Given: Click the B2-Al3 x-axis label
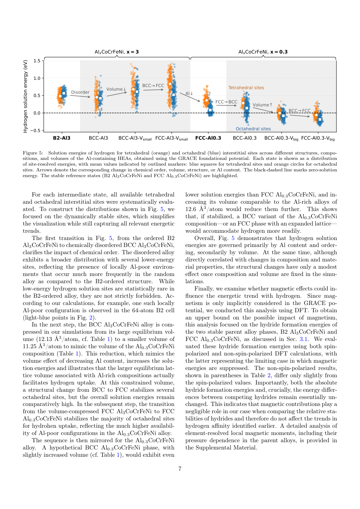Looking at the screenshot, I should coord(62,138).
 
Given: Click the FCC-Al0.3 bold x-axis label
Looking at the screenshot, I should coord(208,138).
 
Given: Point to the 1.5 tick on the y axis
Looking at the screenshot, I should coord(37,61).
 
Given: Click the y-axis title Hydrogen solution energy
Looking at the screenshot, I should coord(25,96).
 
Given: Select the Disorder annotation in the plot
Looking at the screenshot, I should coord(80,92).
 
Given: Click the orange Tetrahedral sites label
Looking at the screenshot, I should coord(246,88).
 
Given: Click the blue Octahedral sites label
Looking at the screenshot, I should coord(253,129).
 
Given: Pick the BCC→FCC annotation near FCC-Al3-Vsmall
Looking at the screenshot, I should coord(153,86).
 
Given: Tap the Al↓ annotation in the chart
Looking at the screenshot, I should coord(189,93).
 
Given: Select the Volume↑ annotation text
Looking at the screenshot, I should coord(262,105).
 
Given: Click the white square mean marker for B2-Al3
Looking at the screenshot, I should coord(64,93).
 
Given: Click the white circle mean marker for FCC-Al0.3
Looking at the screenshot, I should coord(206,100).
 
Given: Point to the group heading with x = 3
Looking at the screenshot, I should coord(117,52).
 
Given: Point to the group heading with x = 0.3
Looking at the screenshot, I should coord(263,52).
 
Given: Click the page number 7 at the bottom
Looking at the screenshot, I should coord(180,469).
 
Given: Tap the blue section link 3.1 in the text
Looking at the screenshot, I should coord(303,339).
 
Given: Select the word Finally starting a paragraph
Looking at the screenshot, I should coord(204,289).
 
